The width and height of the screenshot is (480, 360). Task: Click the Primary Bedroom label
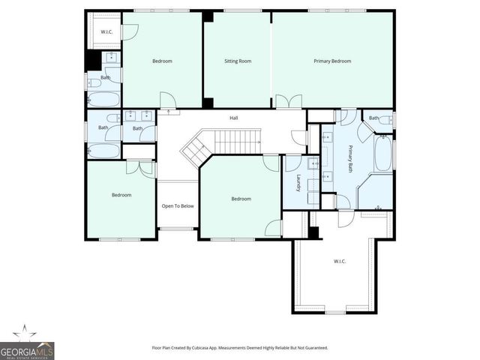pyautogui.click(x=332, y=61)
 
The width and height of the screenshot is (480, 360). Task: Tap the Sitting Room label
pyautogui.click(x=238, y=61)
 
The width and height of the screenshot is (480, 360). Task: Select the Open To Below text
pyautogui.click(x=178, y=205)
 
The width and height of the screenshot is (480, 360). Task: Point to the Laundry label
pyautogui.click(x=298, y=184)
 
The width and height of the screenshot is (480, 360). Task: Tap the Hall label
pyautogui.click(x=233, y=118)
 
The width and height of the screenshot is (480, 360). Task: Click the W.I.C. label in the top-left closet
pyautogui.click(x=107, y=31)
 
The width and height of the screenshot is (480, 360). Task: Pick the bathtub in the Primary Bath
pyautogui.click(x=382, y=155)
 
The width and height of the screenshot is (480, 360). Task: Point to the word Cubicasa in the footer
pyautogui.click(x=209, y=348)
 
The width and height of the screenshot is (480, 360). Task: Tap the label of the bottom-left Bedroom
pyautogui.click(x=121, y=195)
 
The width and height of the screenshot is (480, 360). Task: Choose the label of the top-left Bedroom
pyautogui.click(x=163, y=61)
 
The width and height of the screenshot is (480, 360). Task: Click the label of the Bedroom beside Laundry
pyautogui.click(x=241, y=199)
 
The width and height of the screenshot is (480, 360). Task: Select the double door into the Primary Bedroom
pyautogui.click(x=289, y=102)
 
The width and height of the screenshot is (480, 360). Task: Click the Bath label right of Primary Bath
pyautogui.click(x=373, y=118)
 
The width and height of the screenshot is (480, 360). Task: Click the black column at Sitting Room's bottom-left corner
pyautogui.click(x=208, y=103)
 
